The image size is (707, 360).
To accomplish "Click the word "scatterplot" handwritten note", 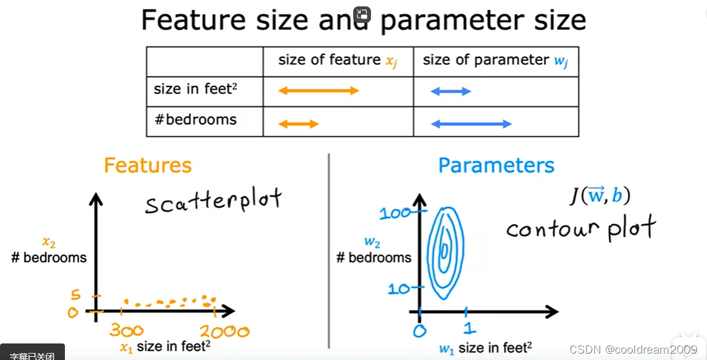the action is coord(213,202).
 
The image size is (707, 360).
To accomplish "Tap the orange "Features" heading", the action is coord(148,165).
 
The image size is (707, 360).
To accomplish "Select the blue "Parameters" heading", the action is coord(496,165).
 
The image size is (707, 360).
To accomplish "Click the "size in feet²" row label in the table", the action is coord(192,89).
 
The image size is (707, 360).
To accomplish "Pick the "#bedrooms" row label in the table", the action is coord(195,120).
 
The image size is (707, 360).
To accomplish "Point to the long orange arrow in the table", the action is coord(319,91).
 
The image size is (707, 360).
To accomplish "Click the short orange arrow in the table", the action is coord(298,123).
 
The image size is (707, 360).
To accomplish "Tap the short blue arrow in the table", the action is coord(451,92).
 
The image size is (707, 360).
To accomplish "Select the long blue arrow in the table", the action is coord(472,124).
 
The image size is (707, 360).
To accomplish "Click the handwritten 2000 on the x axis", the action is coord(224,331).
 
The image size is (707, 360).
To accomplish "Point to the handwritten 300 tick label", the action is coord(126,331).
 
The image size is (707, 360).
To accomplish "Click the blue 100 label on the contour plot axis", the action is coord(395,214).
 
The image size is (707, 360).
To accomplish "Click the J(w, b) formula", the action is coord(599,195).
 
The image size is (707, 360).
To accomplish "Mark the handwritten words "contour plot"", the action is coord(580,228).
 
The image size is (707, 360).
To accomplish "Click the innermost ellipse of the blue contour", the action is coord(444,249).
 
